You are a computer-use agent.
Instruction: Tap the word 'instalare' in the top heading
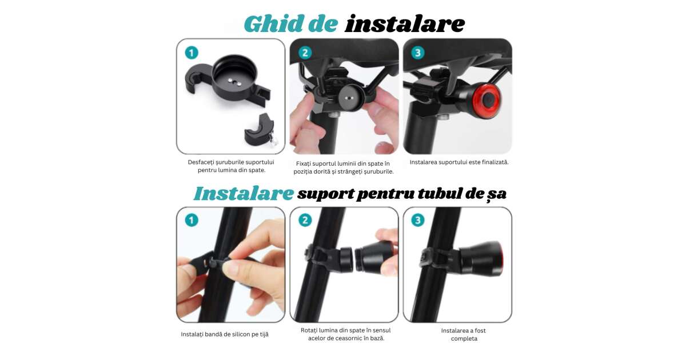tap(405, 24)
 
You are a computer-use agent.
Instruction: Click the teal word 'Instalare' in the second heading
tap(244, 194)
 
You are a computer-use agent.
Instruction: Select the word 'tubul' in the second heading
tap(440, 194)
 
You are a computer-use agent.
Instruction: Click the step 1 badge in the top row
tap(192, 53)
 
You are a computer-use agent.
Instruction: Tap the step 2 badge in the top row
tap(305, 53)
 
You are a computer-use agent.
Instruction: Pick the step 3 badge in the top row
tap(418, 53)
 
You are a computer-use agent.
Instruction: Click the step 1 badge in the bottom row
tap(192, 220)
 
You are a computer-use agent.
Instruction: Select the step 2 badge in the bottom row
tap(305, 220)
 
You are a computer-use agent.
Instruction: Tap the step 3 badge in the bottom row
tap(418, 220)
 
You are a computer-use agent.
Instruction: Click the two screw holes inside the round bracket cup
tap(234, 82)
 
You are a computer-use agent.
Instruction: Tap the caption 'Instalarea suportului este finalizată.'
tap(458, 162)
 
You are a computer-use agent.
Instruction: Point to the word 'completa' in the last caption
tap(464, 338)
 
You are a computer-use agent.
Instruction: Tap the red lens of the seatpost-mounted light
tap(501, 259)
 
